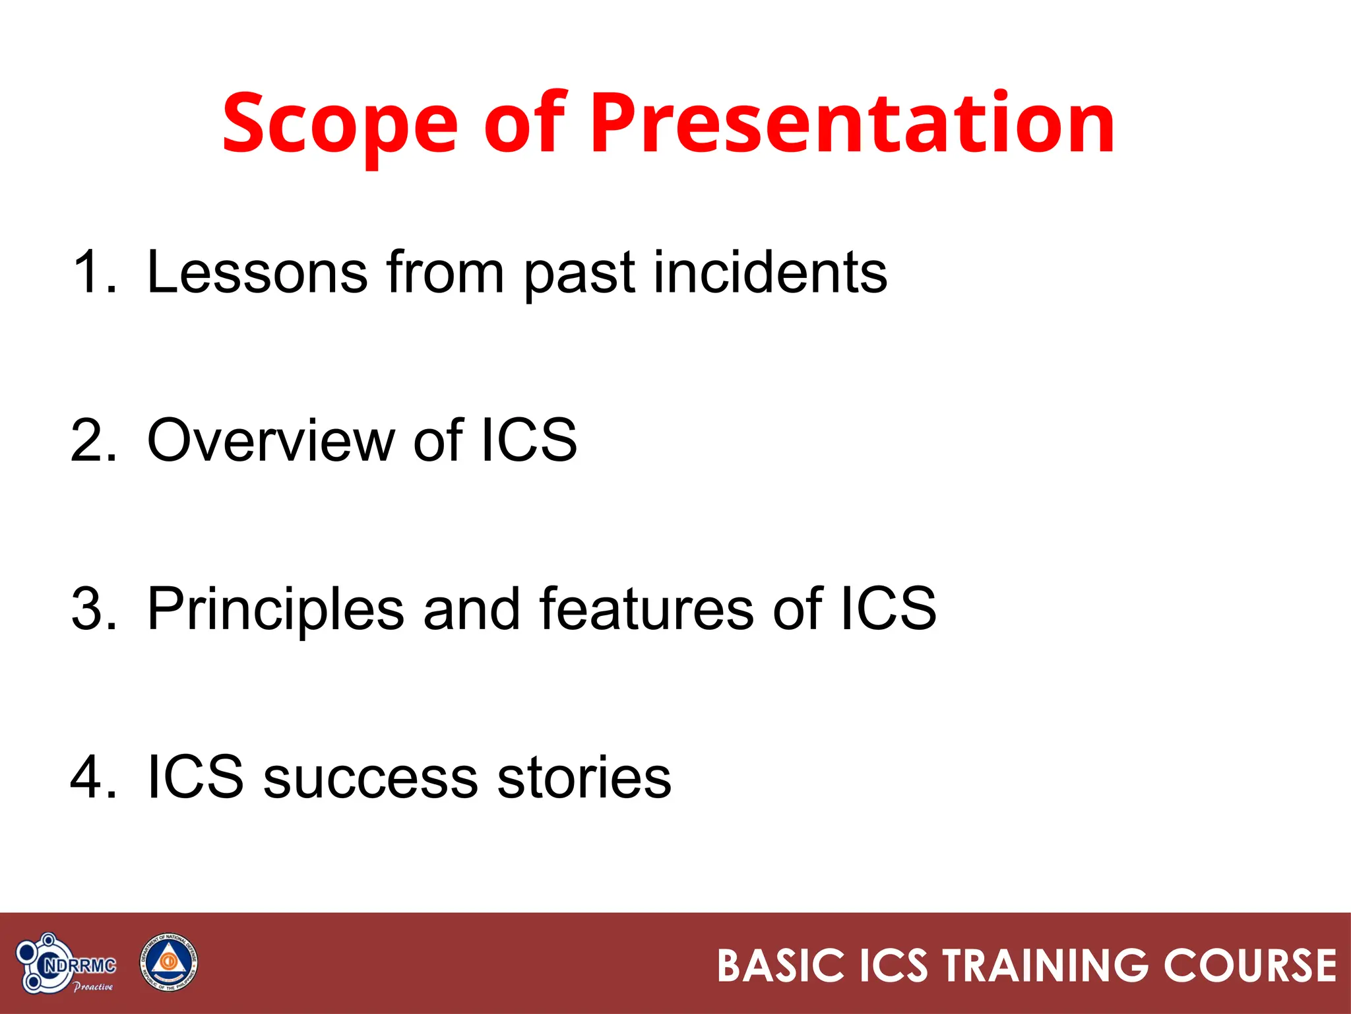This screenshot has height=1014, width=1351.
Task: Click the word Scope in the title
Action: [x=340, y=124]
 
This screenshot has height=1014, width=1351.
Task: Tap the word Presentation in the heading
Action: [x=852, y=124]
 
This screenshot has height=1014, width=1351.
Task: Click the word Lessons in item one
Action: [x=257, y=271]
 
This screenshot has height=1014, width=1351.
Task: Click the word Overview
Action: [x=270, y=440]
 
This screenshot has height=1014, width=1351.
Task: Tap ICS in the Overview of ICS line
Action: [x=528, y=440]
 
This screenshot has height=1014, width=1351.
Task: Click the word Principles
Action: [x=275, y=608]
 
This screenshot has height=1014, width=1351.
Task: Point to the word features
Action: [x=646, y=608]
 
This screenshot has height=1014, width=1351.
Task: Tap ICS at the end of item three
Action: [x=888, y=608]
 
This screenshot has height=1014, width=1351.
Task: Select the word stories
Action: [x=584, y=777]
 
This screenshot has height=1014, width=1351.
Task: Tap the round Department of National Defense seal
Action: [x=168, y=963]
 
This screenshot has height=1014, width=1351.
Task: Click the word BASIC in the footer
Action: [x=780, y=966]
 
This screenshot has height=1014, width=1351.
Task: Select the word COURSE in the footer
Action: [x=1249, y=966]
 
